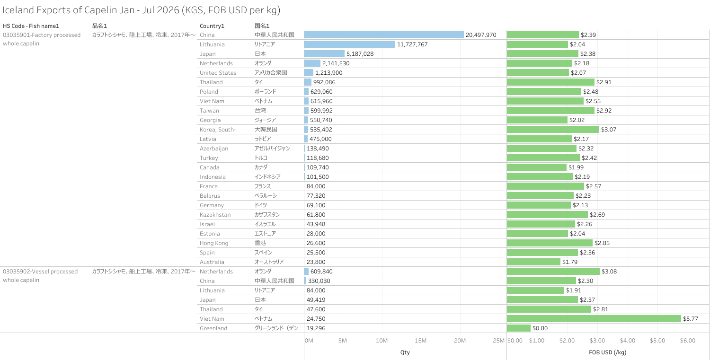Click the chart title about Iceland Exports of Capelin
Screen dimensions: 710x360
142,10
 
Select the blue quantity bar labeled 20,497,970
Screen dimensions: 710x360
384,35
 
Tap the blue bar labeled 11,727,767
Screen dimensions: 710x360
350,44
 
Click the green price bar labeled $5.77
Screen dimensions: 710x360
594,318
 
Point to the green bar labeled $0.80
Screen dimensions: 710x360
519,328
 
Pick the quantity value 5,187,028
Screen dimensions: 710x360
360,54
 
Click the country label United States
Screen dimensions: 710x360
218,72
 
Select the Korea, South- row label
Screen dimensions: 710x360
218,129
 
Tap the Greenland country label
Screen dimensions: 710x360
213,328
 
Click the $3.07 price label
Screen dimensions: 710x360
609,129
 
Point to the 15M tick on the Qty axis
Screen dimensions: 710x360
421,340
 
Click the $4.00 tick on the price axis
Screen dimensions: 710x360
628,340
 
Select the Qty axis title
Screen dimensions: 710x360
405,352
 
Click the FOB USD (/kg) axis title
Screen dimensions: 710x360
608,352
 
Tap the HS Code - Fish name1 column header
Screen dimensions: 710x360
31,26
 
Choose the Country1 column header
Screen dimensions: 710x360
212,26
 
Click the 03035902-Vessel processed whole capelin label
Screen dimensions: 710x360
40,276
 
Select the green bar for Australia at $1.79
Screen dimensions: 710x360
533,262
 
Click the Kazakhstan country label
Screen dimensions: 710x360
215,215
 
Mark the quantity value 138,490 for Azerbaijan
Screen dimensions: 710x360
318,149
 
